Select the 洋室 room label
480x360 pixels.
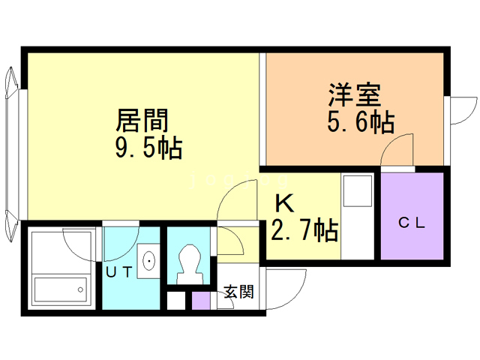pos(354,95)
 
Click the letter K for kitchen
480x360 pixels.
pos(284,203)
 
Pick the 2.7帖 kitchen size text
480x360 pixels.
pos(302,229)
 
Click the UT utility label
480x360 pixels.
pos(118,272)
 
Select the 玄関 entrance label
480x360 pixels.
pos(239,292)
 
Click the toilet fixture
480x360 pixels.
pos(188,262)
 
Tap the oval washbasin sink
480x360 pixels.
pos(149,261)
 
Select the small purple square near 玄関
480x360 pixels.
pos(201,300)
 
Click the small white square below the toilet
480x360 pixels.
pos(175,301)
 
